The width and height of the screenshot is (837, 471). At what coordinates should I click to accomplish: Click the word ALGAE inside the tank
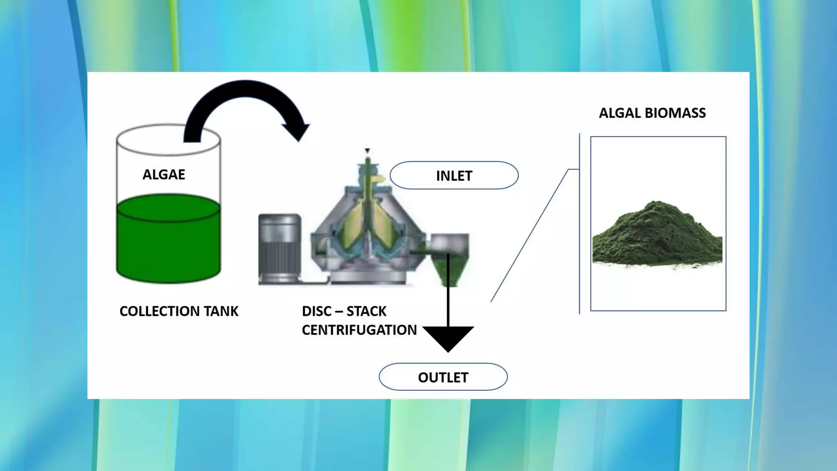click(163, 175)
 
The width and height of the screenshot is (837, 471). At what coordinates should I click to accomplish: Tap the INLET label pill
click(454, 175)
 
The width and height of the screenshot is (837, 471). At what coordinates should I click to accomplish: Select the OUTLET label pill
click(443, 377)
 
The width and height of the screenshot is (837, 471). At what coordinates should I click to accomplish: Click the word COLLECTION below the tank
click(159, 311)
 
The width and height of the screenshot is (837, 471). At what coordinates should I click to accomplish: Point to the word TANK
click(221, 311)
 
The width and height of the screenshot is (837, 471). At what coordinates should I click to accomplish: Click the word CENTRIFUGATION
click(359, 330)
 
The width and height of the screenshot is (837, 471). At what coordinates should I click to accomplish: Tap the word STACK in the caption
click(366, 311)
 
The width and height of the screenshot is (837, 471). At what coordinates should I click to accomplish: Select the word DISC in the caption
click(317, 311)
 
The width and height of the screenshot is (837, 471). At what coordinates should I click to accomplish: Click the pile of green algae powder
click(657, 237)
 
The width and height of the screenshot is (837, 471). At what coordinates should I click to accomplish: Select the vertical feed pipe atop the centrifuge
click(367, 172)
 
